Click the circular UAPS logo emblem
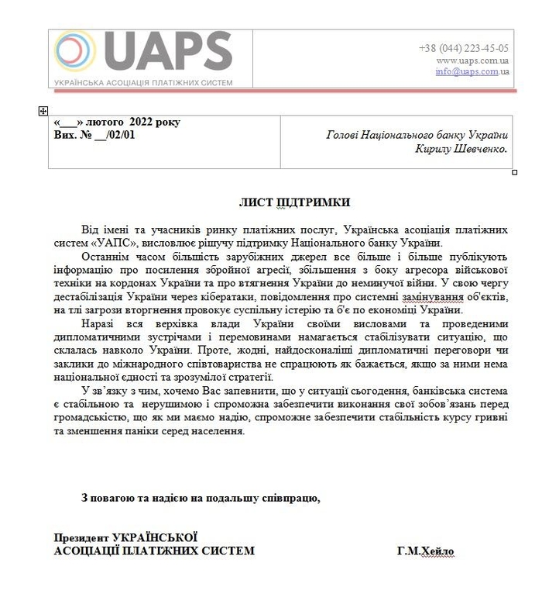tap(74, 52)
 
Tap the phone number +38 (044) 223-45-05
tap(463, 48)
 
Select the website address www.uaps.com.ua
tap(472, 60)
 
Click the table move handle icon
tap(43, 112)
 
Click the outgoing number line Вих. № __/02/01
tap(94, 134)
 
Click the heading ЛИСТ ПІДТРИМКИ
tap(293, 202)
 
